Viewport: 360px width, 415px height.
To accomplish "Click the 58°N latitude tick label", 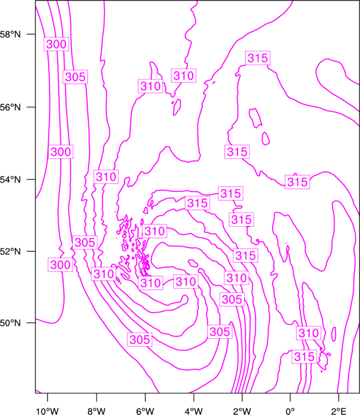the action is tap(11, 34).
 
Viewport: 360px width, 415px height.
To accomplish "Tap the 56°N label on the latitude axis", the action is tap(11, 107).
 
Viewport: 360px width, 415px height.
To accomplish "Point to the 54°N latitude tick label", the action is tap(11, 180).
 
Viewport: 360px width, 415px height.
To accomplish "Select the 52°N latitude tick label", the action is tap(11, 251).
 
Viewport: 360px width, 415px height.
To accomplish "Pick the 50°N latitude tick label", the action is tap(11, 323).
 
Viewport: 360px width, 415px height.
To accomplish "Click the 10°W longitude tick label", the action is tap(48, 411).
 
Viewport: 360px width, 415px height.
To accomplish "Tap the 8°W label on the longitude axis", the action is tap(96, 411).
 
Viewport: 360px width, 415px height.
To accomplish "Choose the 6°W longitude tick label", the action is tap(145, 411).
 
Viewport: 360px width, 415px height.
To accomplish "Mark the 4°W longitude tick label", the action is tap(194, 411).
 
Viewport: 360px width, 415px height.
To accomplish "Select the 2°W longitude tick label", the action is tap(242, 411).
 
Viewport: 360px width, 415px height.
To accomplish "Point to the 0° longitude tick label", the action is tap(290, 411).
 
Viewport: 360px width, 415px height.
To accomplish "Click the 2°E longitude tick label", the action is tap(339, 411).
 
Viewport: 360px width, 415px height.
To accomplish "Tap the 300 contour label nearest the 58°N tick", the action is tap(56, 44).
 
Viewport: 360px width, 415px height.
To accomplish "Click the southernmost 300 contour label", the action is tap(60, 264).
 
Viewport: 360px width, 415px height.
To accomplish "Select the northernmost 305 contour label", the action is tap(75, 77).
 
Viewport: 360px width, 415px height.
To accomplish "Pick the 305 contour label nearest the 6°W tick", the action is tap(140, 340).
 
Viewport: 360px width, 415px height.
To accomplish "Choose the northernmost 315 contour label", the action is tap(258, 58).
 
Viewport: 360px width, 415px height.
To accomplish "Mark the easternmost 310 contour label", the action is tap(308, 333).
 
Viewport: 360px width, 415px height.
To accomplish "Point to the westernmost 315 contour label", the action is tap(197, 203).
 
